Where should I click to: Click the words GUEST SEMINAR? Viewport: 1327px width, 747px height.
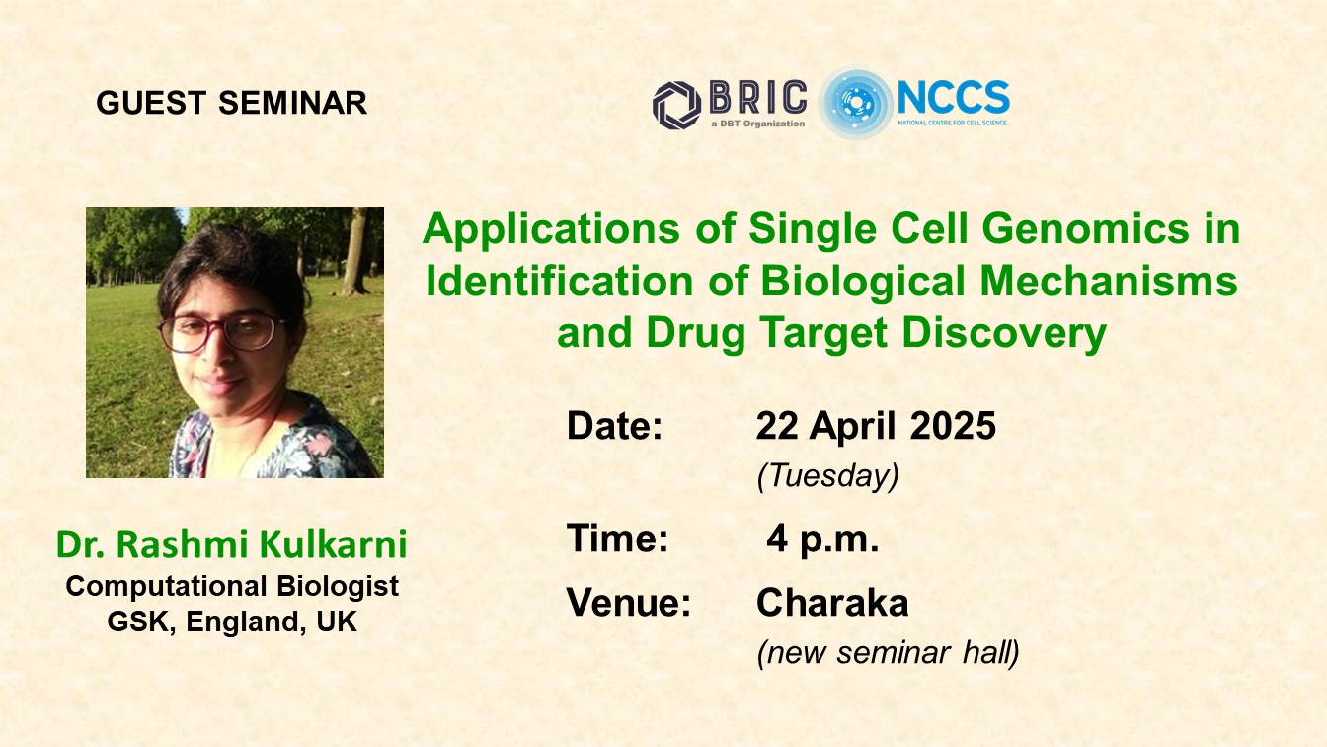click(x=232, y=103)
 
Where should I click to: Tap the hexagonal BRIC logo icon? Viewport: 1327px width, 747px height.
click(x=676, y=106)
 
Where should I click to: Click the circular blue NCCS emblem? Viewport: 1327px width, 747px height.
click(x=855, y=103)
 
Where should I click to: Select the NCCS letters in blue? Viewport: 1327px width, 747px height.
click(x=953, y=97)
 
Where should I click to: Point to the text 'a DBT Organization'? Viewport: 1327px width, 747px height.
click(x=758, y=124)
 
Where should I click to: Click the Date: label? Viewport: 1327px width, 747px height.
click(x=614, y=425)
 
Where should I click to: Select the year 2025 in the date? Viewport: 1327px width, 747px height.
click(x=953, y=425)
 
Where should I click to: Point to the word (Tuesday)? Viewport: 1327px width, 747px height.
click(x=827, y=475)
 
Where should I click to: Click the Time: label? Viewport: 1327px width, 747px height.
click(x=617, y=538)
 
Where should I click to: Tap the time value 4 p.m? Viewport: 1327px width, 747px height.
click(x=822, y=539)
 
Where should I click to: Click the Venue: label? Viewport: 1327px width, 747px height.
click(x=629, y=602)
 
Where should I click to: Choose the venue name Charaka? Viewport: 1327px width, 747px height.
click(x=832, y=603)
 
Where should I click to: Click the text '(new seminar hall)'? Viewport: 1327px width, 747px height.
click(x=888, y=653)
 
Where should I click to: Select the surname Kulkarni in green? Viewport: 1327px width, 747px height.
click(x=333, y=543)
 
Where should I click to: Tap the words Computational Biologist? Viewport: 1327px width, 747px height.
click(x=232, y=587)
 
